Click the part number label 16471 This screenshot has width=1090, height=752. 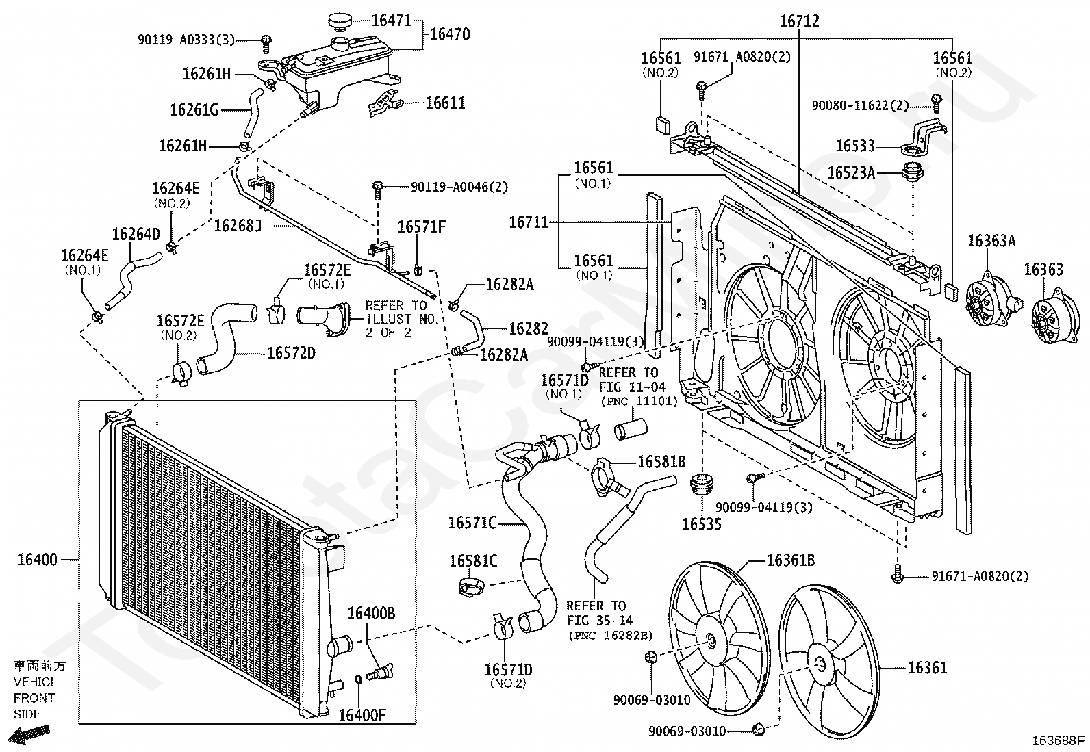(x=392, y=21)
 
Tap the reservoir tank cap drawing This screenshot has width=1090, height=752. (x=340, y=21)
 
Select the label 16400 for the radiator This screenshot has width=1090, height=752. (x=37, y=560)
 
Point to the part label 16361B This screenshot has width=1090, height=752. (x=791, y=560)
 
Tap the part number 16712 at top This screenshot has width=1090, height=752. (x=799, y=21)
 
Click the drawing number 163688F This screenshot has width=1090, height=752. (x=1059, y=740)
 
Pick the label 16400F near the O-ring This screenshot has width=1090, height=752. (x=362, y=716)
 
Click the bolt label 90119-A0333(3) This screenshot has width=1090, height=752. (x=186, y=40)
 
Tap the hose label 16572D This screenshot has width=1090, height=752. (x=291, y=353)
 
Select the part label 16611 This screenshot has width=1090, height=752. (x=445, y=103)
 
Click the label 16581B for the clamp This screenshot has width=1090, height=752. (x=661, y=462)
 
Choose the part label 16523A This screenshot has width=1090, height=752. (x=851, y=172)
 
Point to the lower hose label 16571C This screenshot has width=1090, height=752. (x=472, y=523)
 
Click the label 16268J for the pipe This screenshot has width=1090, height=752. (x=238, y=225)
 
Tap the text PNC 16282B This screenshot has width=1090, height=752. (x=610, y=636)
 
